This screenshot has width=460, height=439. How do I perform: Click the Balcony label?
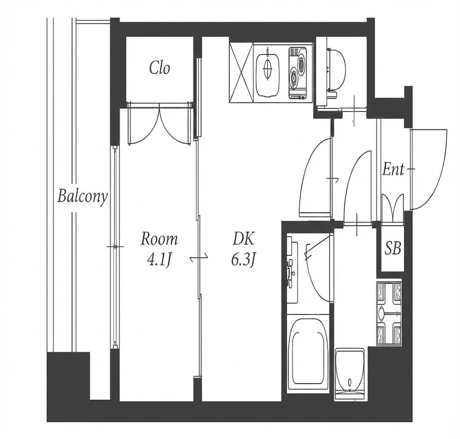click(83, 196)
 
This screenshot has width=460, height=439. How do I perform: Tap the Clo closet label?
click(159, 68)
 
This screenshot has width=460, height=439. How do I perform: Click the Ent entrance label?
click(393, 169)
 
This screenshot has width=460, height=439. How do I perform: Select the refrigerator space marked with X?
click(241, 72)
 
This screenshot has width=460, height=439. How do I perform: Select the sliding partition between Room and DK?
click(198, 258)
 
